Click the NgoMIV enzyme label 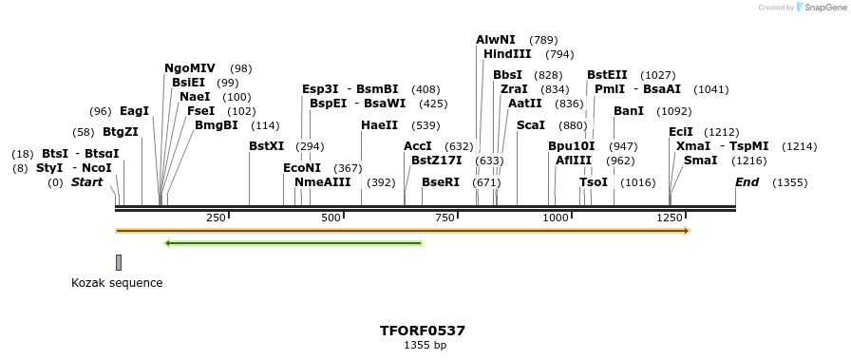[190, 68]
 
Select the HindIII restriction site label [507, 54]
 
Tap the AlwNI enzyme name [496, 40]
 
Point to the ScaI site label [531, 125]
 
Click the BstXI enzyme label [266, 146]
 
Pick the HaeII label [380, 125]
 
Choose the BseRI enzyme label [441, 182]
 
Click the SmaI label [701, 161]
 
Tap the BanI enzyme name [629, 111]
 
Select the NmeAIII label [323, 182]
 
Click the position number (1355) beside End [790, 182]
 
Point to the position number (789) [543, 40]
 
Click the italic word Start [86, 182]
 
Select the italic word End [747, 182]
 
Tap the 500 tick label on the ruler [331, 218]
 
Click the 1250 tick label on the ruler [671, 218]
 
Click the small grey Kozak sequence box [119, 262]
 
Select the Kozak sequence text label [117, 283]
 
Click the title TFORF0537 [423, 331]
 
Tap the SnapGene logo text [823, 8]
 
